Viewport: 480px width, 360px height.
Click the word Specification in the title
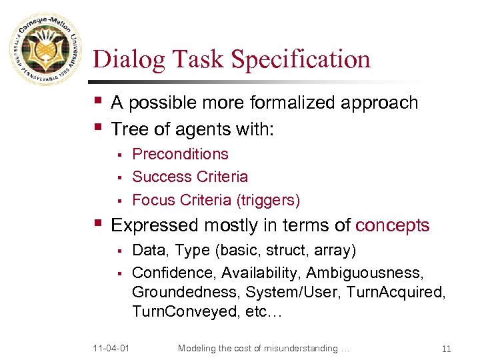point(300,59)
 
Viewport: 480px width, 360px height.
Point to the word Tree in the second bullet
point(127,128)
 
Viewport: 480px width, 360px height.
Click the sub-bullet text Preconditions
point(180,154)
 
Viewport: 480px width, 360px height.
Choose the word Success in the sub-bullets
point(159,177)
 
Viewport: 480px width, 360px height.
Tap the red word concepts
point(392,225)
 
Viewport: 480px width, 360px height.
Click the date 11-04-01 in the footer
point(111,348)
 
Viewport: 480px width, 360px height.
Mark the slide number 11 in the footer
point(446,348)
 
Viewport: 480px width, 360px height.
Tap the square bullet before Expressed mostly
point(98,223)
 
